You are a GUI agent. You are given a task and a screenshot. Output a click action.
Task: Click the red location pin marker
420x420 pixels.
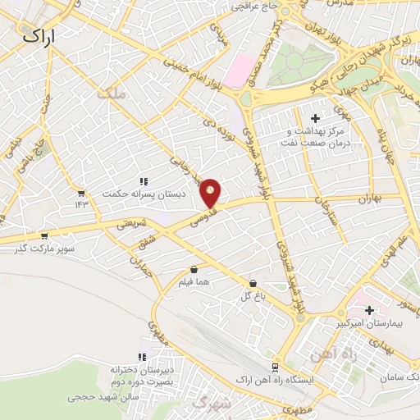pyautogui.click(x=212, y=193)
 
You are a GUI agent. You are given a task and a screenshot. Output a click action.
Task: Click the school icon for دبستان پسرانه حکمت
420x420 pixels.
pyautogui.click(x=143, y=181)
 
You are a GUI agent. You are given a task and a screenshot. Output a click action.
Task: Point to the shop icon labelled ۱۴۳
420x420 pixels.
pyautogui.click(x=81, y=193)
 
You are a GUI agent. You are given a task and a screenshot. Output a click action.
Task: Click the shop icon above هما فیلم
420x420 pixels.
pyautogui.click(x=194, y=269)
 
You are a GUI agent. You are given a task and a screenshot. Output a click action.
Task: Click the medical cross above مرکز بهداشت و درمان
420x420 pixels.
pyautogui.click(x=315, y=119)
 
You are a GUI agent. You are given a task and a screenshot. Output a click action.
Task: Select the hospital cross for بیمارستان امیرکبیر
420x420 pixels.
pyautogui.click(x=369, y=310)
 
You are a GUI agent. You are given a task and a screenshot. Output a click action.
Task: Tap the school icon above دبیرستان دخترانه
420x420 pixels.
pyautogui.click(x=142, y=357)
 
